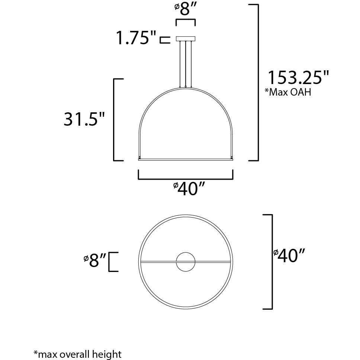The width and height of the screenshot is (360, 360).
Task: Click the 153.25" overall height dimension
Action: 299,78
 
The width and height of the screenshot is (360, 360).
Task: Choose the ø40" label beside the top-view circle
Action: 289,256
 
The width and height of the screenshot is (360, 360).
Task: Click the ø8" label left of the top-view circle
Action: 95,261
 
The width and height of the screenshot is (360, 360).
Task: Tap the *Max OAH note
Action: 287,92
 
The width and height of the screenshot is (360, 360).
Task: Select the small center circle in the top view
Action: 186,262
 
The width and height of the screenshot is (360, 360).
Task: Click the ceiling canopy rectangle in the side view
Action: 186,39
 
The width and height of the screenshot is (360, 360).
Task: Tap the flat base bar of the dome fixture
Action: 186,160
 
